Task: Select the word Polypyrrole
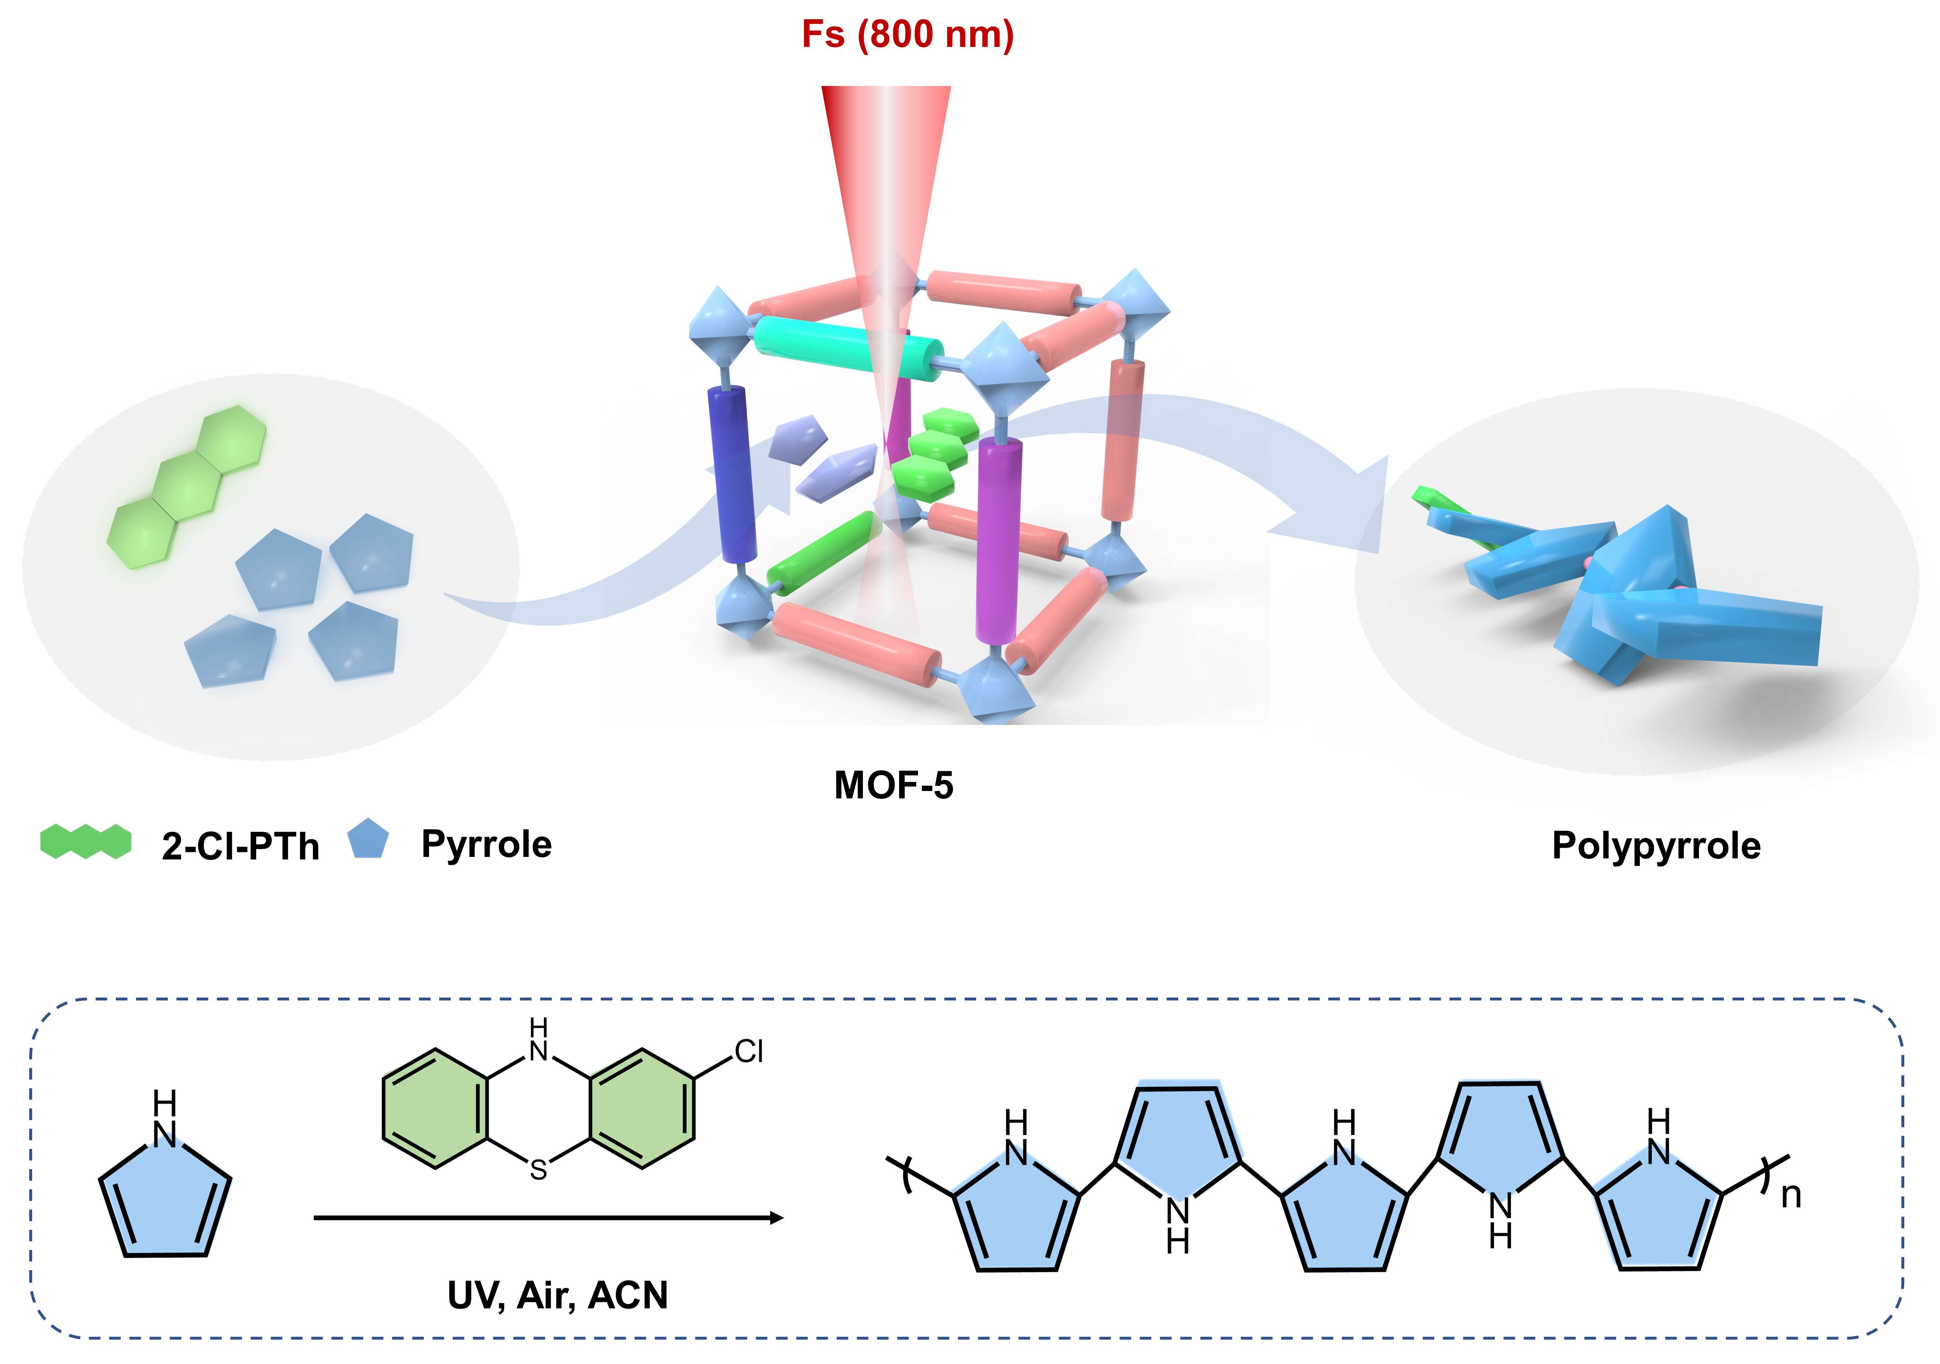[1656, 846]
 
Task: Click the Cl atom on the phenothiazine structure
[749, 1051]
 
